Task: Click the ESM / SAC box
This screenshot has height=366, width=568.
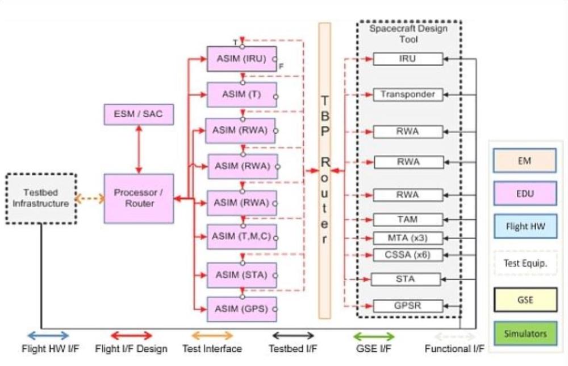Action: tap(138, 114)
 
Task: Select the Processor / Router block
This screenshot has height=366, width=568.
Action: tap(139, 199)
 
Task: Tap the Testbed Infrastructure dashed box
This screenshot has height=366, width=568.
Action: tap(41, 198)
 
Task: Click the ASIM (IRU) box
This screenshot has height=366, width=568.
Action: tap(241, 58)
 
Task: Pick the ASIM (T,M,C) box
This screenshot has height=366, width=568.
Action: tap(241, 236)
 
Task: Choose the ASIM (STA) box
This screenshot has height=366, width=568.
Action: tap(241, 275)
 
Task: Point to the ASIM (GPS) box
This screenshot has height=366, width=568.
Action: tap(241, 309)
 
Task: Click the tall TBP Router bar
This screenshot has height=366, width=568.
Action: tap(324, 171)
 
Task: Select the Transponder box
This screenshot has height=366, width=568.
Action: tap(407, 94)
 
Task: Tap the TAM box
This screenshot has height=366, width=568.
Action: tap(407, 219)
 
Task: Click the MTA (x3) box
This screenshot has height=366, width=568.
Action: tap(407, 237)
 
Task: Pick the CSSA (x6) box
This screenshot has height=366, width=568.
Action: tap(407, 254)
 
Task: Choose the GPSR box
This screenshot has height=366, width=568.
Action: tap(407, 306)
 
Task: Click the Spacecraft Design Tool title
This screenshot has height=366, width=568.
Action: tap(408, 34)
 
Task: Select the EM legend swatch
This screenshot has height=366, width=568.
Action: tap(524, 161)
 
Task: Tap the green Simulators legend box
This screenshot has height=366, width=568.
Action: tap(524, 334)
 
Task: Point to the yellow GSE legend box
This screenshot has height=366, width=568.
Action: tap(524, 299)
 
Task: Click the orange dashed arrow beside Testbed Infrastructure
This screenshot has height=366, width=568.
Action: tap(90, 199)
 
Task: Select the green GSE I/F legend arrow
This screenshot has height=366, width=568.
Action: tap(373, 336)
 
